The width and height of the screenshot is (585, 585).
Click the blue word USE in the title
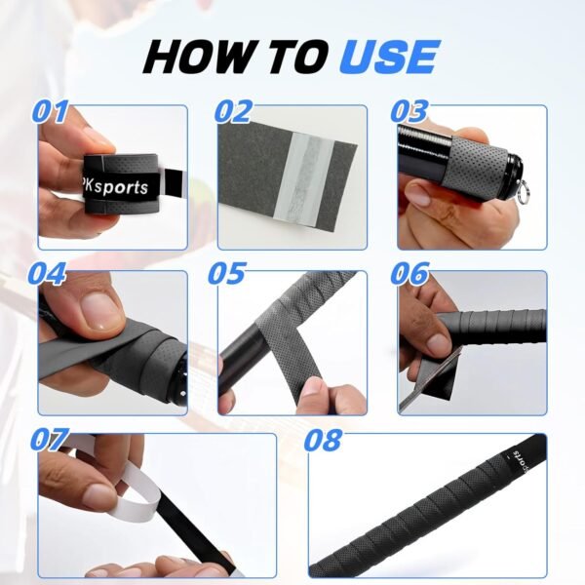click(x=388, y=58)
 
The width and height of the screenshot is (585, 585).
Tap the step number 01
click(x=51, y=111)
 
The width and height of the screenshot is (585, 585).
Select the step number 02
click(x=233, y=111)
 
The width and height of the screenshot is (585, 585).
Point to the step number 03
click(x=409, y=111)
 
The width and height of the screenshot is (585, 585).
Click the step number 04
click(x=48, y=273)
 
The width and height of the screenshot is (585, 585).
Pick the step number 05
click(x=227, y=273)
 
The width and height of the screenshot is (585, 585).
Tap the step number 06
click(x=409, y=273)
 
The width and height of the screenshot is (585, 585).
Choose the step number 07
click(x=49, y=440)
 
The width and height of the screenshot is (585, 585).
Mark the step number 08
click(x=323, y=440)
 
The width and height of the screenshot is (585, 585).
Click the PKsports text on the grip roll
click(x=116, y=187)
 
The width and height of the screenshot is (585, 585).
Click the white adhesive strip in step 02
click(x=303, y=175)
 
